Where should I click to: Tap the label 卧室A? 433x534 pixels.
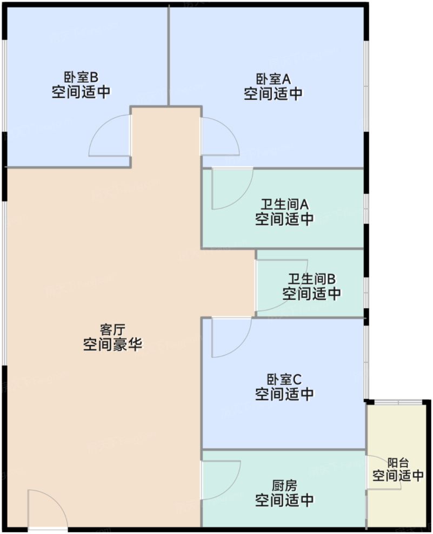[273, 79]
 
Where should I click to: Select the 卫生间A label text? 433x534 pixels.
[284, 205]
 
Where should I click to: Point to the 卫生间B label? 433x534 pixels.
[311, 279]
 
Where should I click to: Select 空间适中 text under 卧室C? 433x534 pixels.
[284, 394]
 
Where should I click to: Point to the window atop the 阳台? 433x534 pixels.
[398, 402]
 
